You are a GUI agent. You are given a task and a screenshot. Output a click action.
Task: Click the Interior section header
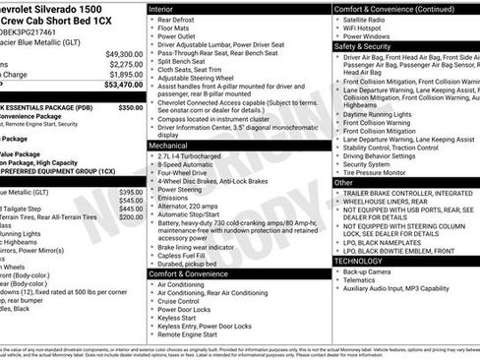click(x=163, y=8)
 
